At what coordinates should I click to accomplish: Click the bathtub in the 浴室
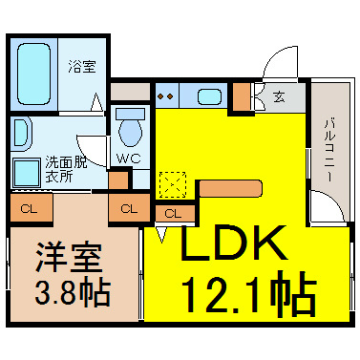[34, 74]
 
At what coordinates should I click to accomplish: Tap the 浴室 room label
[82, 67]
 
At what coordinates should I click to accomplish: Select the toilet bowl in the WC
[130, 128]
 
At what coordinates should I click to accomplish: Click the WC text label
[128, 159]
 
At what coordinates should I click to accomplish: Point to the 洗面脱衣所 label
[65, 169]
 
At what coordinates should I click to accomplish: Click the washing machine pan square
[27, 173]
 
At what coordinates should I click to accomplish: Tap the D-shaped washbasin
[20, 134]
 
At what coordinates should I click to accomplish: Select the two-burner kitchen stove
[166, 95]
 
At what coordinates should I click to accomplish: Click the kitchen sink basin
[209, 96]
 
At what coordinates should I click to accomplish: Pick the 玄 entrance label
[279, 96]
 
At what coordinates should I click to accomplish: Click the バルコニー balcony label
[329, 151]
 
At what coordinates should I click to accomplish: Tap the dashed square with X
[173, 185]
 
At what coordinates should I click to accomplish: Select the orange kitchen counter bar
[231, 188]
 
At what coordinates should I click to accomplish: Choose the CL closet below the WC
[129, 208]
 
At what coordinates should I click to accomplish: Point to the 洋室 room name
[69, 258]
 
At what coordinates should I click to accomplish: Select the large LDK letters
[233, 243]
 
